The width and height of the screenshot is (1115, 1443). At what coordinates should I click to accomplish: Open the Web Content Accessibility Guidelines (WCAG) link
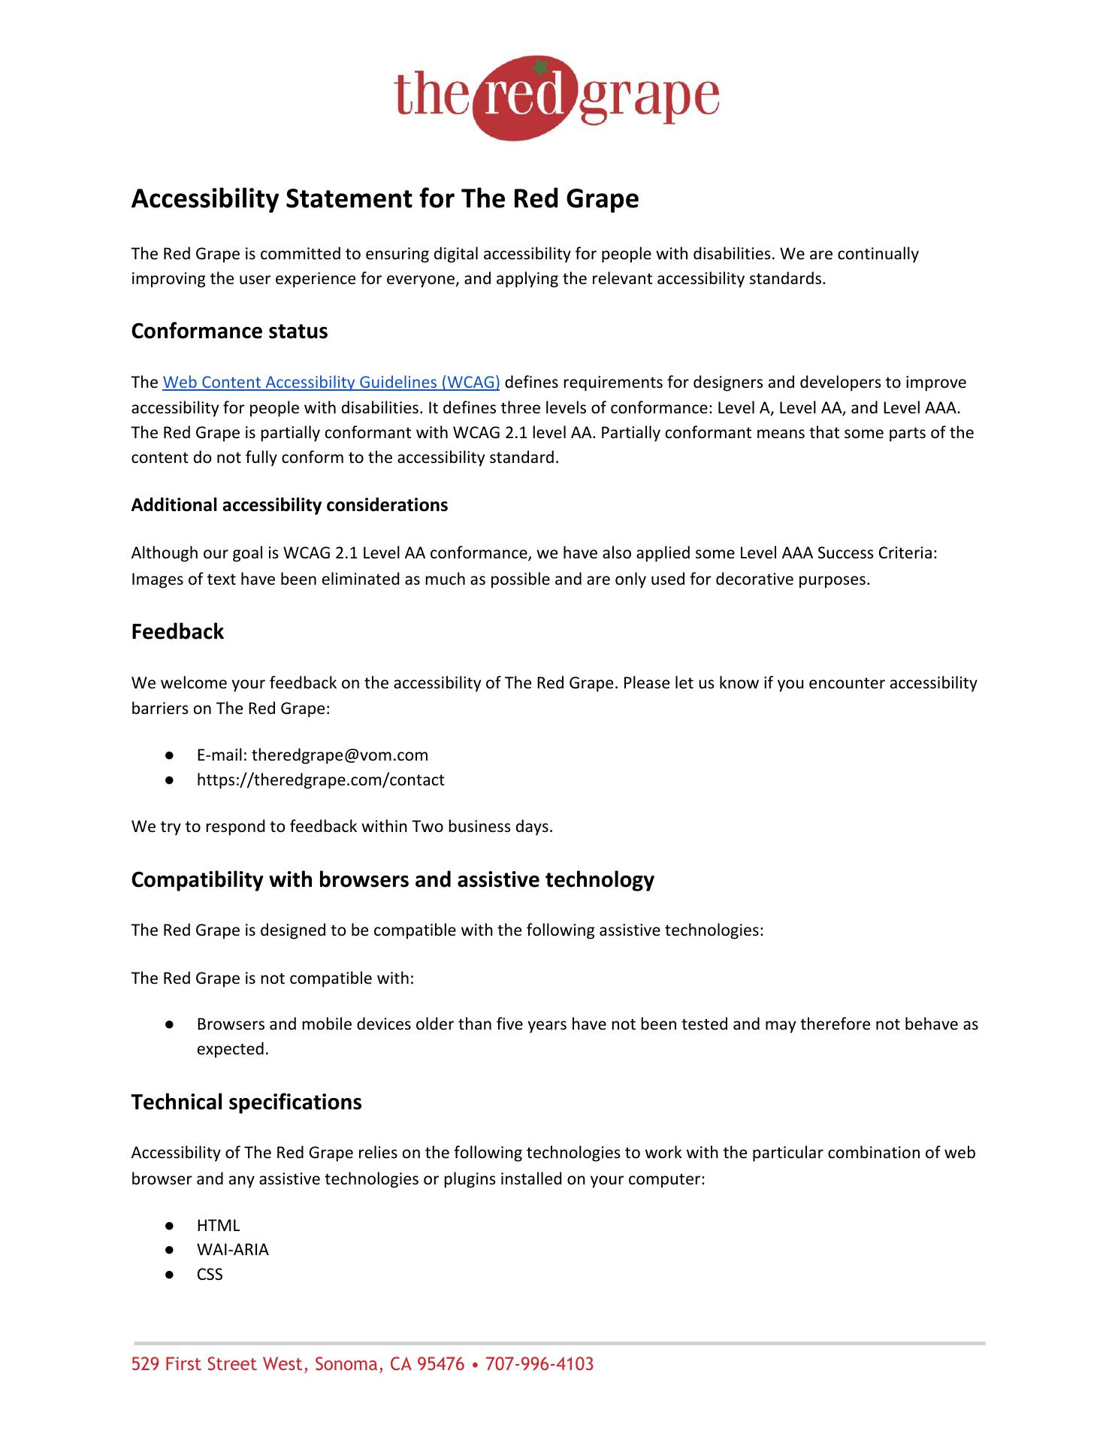(x=331, y=383)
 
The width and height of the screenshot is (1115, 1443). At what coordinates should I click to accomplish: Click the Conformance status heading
(x=229, y=331)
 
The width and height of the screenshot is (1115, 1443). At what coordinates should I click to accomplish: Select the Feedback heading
(x=177, y=631)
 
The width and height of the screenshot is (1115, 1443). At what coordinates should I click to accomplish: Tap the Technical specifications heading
(x=246, y=1103)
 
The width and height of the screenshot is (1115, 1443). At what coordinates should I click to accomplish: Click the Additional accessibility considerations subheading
(x=289, y=505)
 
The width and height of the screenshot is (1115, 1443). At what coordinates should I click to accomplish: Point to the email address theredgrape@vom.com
(x=340, y=755)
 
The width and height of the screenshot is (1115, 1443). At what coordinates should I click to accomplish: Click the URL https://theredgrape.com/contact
(x=320, y=780)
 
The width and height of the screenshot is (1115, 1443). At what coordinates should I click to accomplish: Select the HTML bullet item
(x=218, y=1226)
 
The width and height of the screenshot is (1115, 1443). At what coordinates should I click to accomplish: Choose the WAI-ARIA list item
(x=232, y=1250)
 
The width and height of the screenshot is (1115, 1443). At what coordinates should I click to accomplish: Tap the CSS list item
(x=210, y=1275)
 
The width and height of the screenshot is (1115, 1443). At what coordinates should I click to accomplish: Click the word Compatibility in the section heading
(x=194, y=880)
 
